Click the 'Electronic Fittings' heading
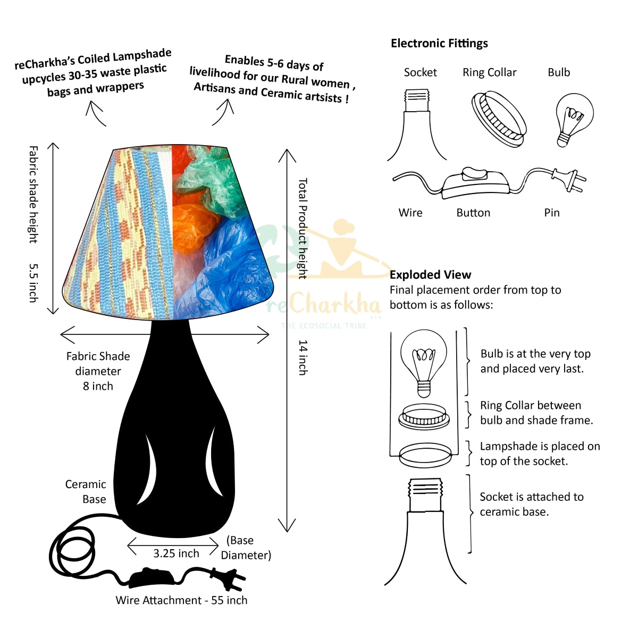tap(439, 44)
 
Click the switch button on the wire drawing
tap(474, 174)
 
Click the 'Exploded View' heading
tap(430, 275)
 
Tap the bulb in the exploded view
tap(423, 362)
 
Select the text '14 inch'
tap(303, 357)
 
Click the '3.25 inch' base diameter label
tap(176, 553)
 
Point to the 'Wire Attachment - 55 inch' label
tap(181, 600)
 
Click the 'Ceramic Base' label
tap(86, 492)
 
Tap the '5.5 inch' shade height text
tap(33, 283)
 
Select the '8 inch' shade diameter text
tap(98, 386)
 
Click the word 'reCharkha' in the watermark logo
tap(324, 305)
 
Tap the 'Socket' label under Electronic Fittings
tap(420, 73)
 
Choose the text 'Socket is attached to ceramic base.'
tap(531, 504)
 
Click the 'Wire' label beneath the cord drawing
tap(410, 213)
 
